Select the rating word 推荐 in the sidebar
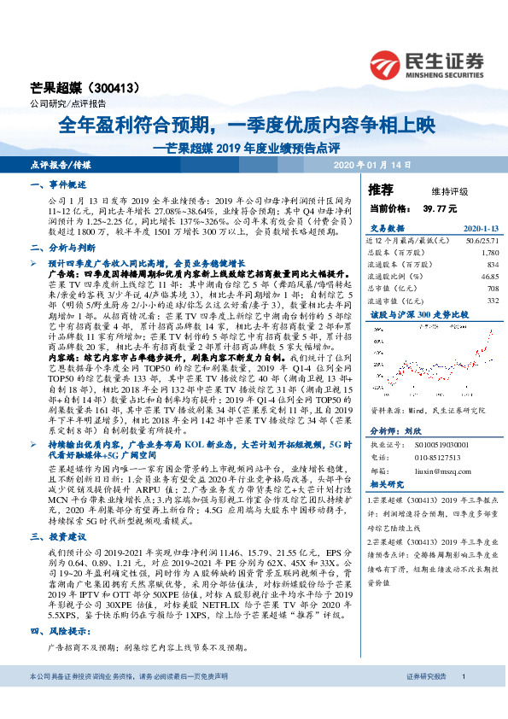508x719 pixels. pos(381,189)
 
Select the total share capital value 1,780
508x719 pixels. pos(489,253)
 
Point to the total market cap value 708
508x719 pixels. pos(492,289)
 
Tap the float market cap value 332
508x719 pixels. pos(492,301)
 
